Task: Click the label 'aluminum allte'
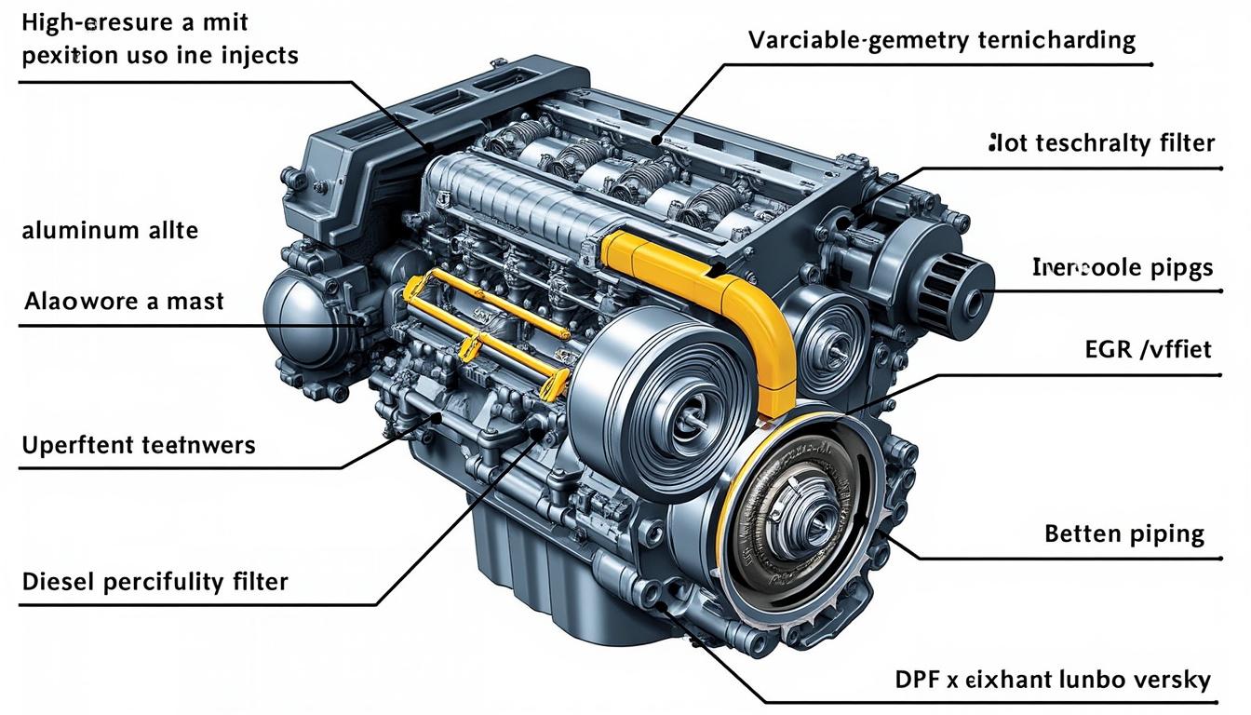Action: (110, 230)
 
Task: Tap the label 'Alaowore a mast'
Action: (124, 302)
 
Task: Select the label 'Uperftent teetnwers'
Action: (137, 445)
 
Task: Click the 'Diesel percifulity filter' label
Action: (155, 583)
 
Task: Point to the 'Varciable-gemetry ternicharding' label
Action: (942, 40)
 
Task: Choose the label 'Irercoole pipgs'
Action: (1123, 268)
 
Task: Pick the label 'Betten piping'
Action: (1124, 533)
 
